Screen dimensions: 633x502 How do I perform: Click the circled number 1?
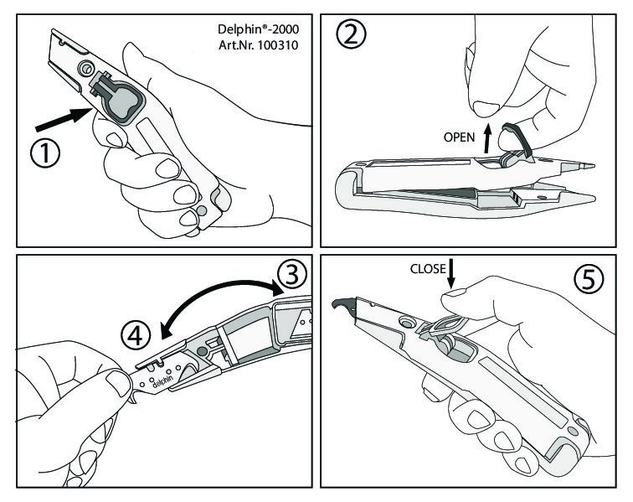pos(45,154)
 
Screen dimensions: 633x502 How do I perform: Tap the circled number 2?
pos(351,34)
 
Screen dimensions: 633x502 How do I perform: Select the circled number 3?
pos(292,274)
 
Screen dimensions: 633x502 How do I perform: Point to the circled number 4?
pos(136,335)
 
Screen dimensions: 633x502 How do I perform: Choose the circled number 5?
pos(589,279)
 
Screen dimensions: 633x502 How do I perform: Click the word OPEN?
pos(459,137)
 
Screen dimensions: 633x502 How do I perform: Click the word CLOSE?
pos(428,269)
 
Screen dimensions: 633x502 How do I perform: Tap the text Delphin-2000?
pos(259,29)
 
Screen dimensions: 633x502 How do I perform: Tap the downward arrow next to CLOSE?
pos(451,273)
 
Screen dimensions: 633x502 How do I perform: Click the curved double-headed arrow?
pos(221,298)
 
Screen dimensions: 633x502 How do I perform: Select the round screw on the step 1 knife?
pos(85,69)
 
